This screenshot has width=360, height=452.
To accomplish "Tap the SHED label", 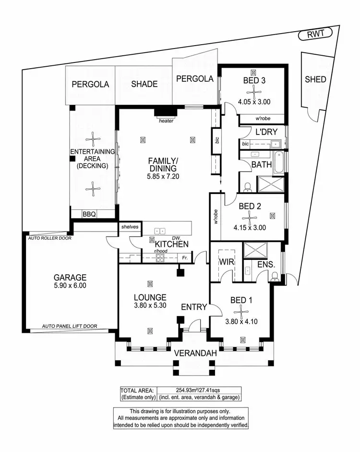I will [x=315, y=79].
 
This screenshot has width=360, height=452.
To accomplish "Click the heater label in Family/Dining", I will [x=166, y=121].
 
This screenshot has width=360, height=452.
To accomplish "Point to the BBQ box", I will [x=89, y=215].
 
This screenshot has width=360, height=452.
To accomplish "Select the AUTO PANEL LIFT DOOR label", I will [x=69, y=326].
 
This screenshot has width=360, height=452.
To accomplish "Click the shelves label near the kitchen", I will [x=130, y=227].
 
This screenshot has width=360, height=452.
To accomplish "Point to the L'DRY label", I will [x=266, y=132].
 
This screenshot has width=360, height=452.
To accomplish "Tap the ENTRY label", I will [x=193, y=307].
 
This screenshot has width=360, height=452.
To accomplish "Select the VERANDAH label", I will [x=195, y=354].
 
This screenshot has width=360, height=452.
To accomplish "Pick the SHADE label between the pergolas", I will [x=144, y=84].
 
